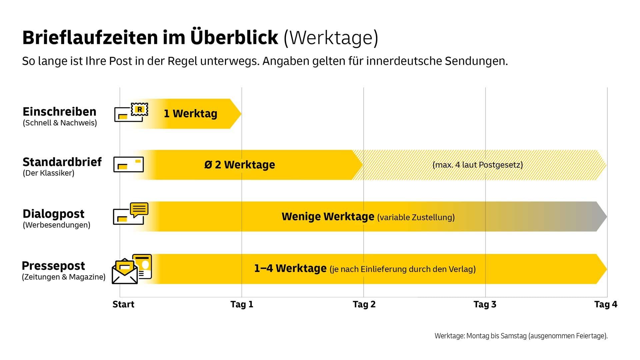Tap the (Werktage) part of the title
(331, 38)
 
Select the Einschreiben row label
(59, 112)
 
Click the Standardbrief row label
(62, 162)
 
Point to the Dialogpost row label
(53, 214)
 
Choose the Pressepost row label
(53, 266)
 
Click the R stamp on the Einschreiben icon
(140, 109)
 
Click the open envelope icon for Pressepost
(125, 272)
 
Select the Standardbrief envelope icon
(128, 164)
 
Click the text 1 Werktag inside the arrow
(190, 114)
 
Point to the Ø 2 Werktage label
(240, 165)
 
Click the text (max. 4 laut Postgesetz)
(477, 165)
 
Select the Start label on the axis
(123, 304)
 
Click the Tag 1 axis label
(242, 304)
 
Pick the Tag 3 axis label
(485, 304)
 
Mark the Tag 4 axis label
(606, 304)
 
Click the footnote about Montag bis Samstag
(521, 336)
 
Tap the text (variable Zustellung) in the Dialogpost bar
(416, 217)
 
